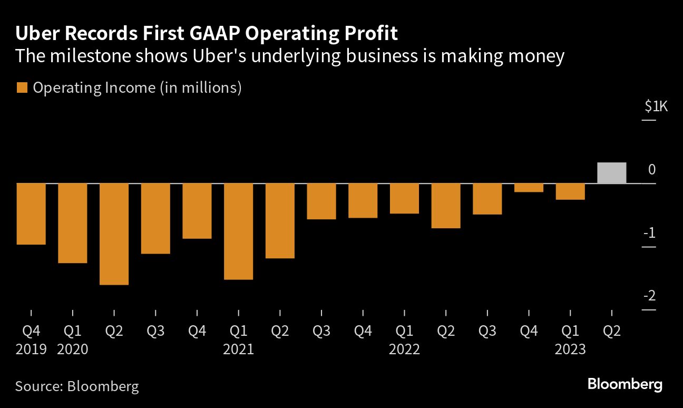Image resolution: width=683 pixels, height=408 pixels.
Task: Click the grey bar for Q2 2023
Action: (611, 173)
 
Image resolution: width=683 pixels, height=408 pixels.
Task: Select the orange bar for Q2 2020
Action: (114, 234)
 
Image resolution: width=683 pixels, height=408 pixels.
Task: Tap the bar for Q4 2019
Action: (31, 214)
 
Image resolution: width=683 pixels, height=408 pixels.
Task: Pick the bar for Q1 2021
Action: (238, 231)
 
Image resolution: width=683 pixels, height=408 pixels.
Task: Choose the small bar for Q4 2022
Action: (529, 188)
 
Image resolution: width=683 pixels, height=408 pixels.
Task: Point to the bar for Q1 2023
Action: (570, 191)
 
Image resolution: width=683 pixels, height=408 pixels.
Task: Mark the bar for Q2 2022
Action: (446, 206)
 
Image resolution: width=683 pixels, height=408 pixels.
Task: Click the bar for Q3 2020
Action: (155, 218)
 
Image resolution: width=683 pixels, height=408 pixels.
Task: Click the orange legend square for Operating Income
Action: (22, 88)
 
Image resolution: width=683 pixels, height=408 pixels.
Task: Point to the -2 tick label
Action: (649, 296)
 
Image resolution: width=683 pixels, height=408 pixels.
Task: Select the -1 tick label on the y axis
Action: (649, 232)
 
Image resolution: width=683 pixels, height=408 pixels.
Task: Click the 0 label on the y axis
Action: (651, 169)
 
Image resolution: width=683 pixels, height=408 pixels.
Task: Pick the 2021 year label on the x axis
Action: (238, 349)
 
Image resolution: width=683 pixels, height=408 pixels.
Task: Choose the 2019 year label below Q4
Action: (31, 349)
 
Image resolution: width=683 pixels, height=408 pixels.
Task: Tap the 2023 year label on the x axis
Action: (570, 349)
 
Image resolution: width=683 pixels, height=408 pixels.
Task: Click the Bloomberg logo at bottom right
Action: (625, 384)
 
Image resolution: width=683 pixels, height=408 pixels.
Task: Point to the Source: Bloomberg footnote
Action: (77, 386)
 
